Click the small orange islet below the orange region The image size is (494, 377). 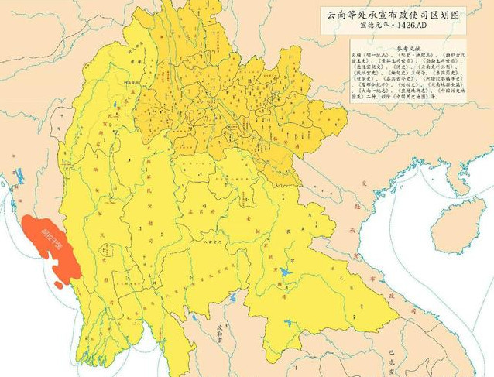[x=60, y=285]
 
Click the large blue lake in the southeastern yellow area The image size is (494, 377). [x=284, y=273]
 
